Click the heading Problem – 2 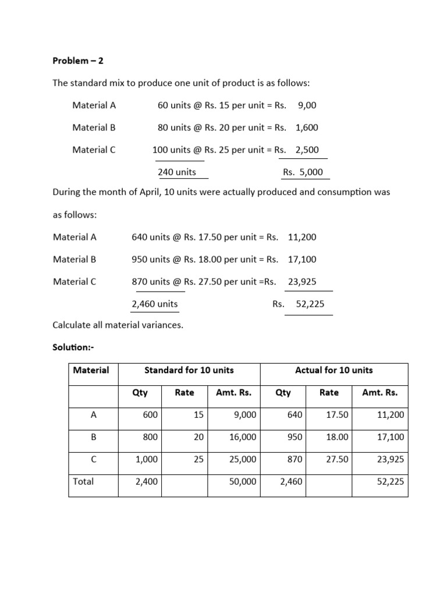pyautogui.click(x=77, y=61)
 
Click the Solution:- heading pyautogui.click(x=73, y=347)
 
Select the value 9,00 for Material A pyautogui.click(x=307, y=105)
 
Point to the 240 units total pyautogui.click(x=177, y=172)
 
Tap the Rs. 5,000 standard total pyautogui.click(x=303, y=172)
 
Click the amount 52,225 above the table pyautogui.click(x=310, y=304)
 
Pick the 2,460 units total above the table pyautogui.click(x=155, y=304)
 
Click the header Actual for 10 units pyautogui.click(x=334, y=370)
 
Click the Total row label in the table pyautogui.click(x=83, y=481)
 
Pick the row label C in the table pyautogui.click(x=93, y=459)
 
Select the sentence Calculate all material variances pyautogui.click(x=118, y=325)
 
